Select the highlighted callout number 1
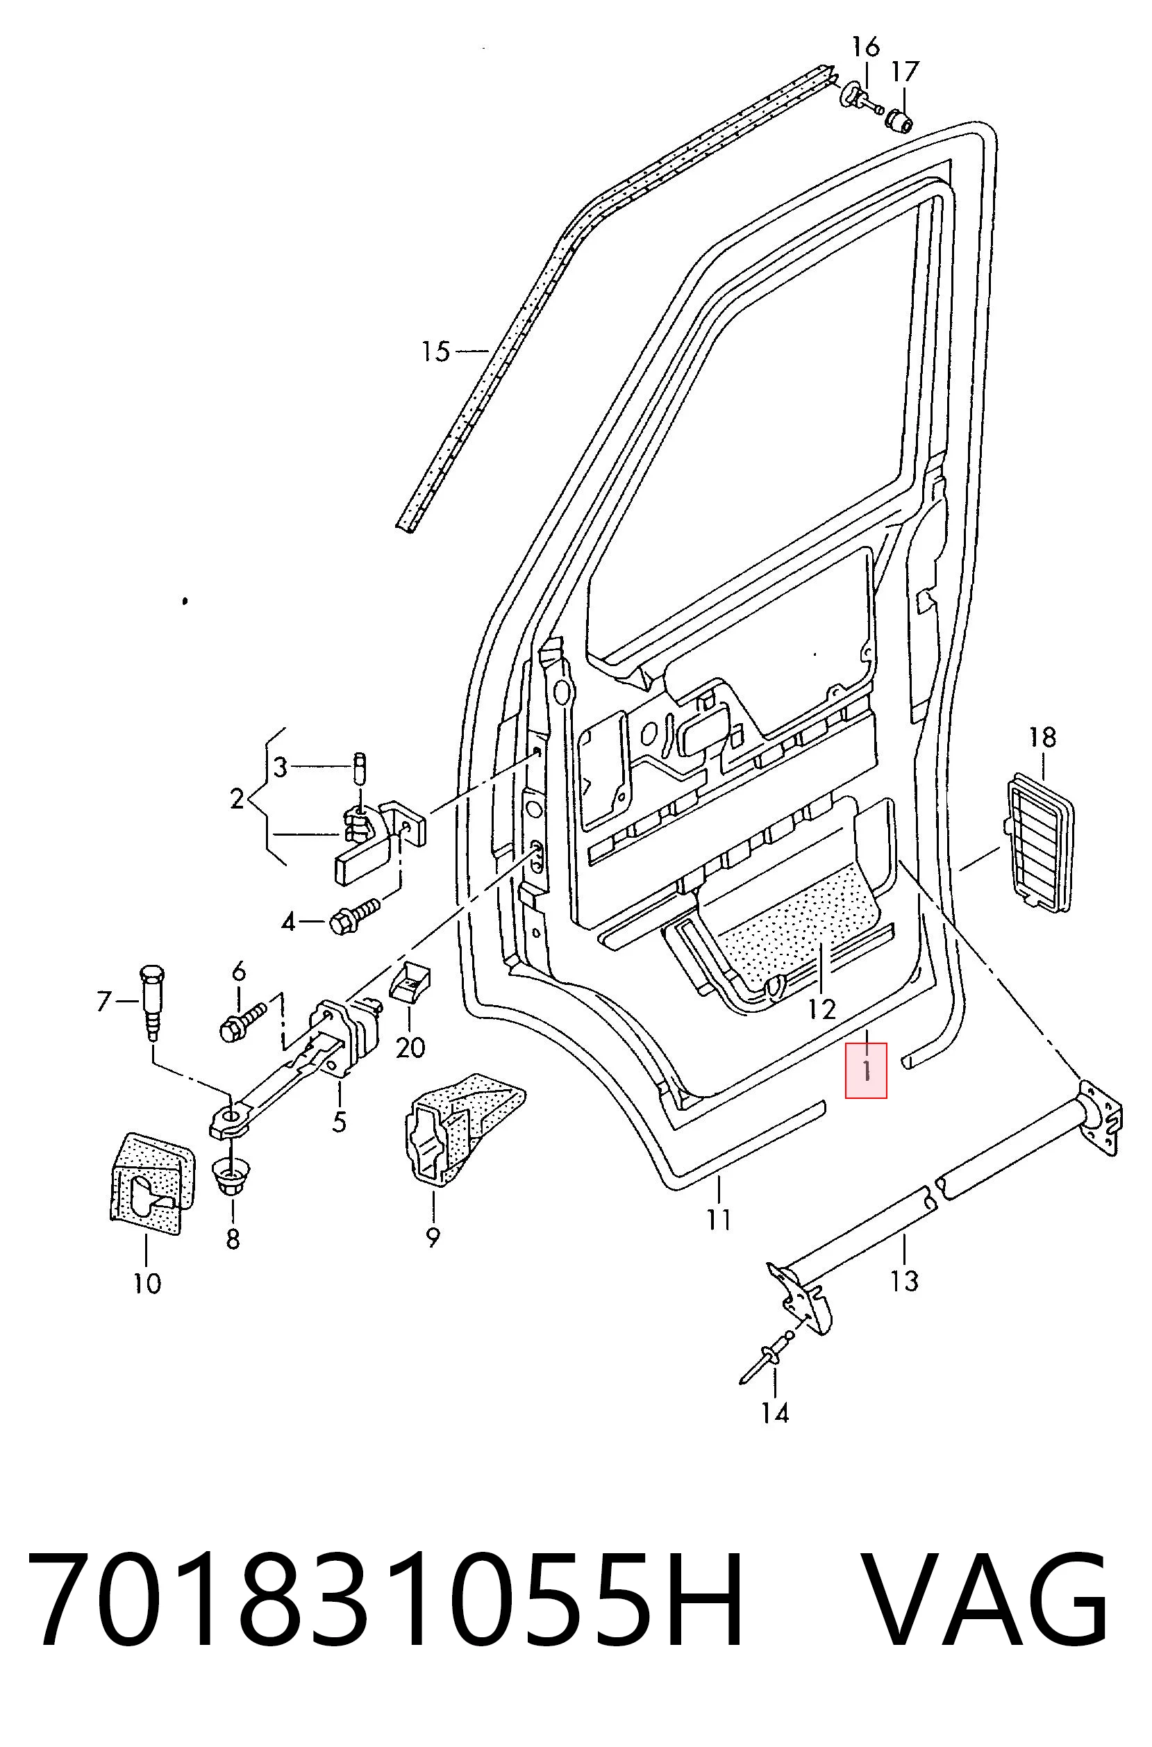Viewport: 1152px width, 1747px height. (x=867, y=1070)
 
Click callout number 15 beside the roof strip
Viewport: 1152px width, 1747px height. (x=435, y=351)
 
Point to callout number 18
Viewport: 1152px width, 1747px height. (x=1042, y=736)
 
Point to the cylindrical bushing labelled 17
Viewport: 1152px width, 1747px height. (x=899, y=117)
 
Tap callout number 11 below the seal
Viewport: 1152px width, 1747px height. (x=719, y=1220)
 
